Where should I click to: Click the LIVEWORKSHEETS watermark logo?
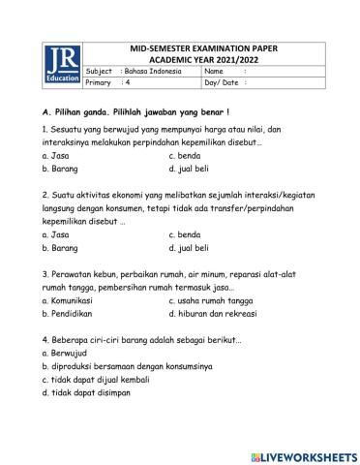(x=303, y=453)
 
